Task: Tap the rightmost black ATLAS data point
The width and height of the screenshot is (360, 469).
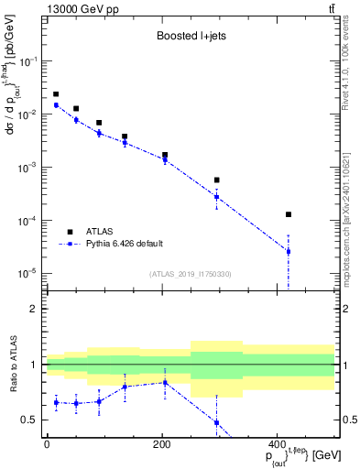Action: [289, 214]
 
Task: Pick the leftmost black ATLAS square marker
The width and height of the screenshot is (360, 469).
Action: [56, 94]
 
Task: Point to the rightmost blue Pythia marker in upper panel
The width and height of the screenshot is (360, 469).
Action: [289, 251]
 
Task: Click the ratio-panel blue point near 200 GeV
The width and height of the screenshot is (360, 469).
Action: [165, 382]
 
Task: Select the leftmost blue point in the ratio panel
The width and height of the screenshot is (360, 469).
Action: [56, 402]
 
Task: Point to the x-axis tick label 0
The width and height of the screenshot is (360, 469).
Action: [47, 444]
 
